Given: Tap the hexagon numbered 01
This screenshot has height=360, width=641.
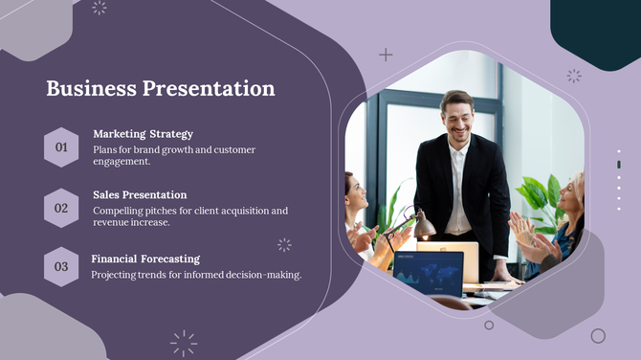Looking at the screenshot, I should pyautogui.click(x=61, y=147).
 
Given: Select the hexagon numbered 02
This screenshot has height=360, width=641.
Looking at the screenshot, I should pyautogui.click(x=61, y=208).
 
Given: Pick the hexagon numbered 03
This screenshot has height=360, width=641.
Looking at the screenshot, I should pyautogui.click(x=61, y=267).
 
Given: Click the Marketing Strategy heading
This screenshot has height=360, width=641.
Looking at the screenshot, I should pyautogui.click(x=143, y=134).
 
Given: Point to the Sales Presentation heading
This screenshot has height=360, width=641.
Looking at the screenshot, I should pyautogui.click(x=140, y=195).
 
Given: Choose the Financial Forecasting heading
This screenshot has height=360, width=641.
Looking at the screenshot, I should pyautogui.click(x=145, y=259).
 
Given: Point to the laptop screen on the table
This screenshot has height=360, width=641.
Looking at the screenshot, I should pyautogui.click(x=428, y=271).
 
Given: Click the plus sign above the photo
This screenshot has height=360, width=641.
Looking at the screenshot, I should pyautogui.click(x=386, y=55).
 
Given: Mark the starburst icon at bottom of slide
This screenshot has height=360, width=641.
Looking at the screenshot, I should pyautogui.click(x=184, y=342).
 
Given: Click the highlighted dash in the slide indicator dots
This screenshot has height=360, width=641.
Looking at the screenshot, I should pyautogui.click(x=619, y=165).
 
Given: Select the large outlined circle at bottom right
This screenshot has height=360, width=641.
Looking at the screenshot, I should pyautogui.click(x=598, y=336).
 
